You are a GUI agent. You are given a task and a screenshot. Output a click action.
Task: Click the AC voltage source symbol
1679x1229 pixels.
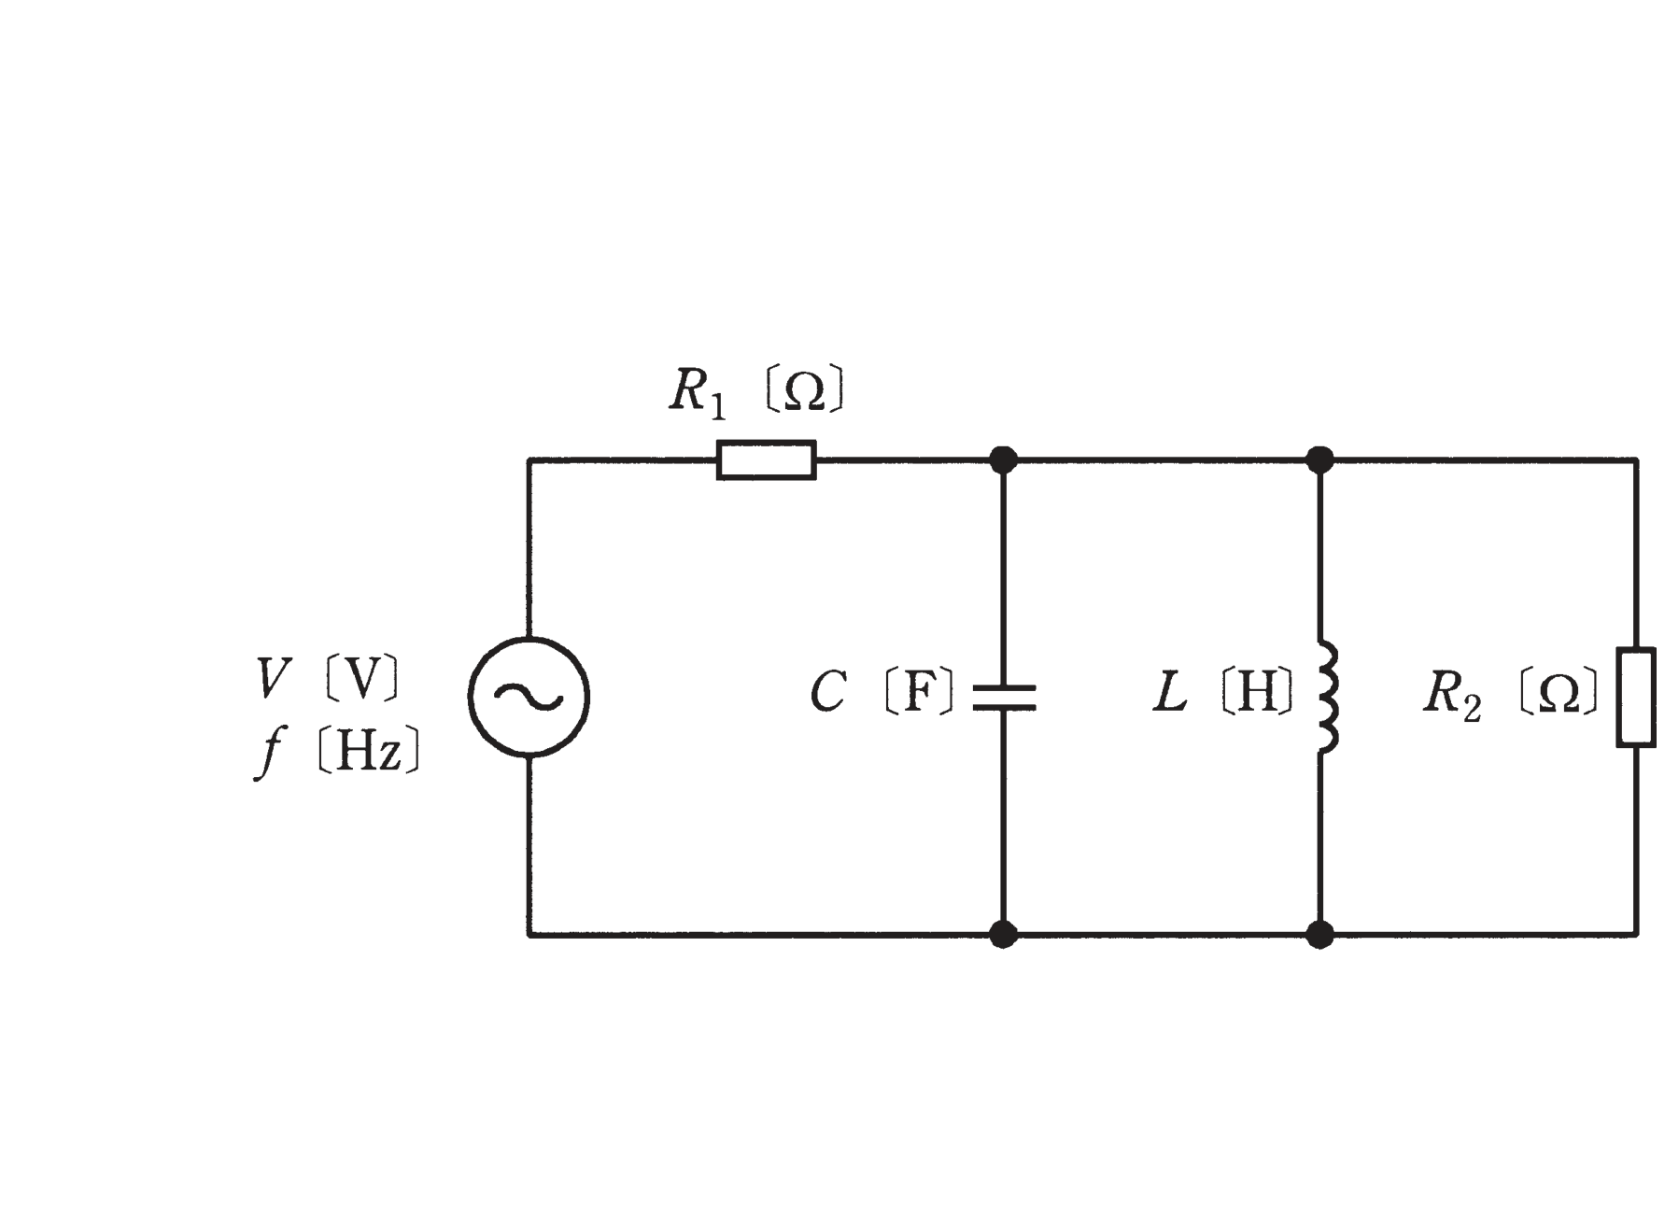click(x=529, y=697)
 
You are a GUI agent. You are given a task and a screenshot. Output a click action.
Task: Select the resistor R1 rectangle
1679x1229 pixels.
click(x=767, y=460)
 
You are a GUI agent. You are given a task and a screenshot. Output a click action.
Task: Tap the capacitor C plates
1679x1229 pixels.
click(x=1004, y=698)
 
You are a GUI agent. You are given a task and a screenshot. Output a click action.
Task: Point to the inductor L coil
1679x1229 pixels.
click(x=1328, y=697)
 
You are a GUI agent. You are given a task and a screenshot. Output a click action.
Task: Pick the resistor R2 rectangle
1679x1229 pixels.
click(x=1636, y=698)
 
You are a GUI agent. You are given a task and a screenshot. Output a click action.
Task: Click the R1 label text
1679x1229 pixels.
click(x=697, y=392)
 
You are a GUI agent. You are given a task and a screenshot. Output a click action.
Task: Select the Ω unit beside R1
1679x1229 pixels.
click(x=805, y=390)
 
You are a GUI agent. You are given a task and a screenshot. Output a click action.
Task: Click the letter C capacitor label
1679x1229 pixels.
click(x=828, y=693)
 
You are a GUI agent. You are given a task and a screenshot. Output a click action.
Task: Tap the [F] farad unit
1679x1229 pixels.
click(x=919, y=692)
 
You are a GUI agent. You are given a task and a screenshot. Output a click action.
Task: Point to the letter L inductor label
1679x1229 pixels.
click(x=1170, y=693)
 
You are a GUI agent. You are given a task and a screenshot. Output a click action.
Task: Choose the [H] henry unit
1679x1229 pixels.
click(x=1257, y=692)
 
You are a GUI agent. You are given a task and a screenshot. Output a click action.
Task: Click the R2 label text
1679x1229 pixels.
click(x=1452, y=696)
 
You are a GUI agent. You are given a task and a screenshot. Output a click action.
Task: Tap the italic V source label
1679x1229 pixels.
click(x=273, y=678)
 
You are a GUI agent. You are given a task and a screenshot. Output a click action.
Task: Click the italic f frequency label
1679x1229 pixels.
click(x=269, y=752)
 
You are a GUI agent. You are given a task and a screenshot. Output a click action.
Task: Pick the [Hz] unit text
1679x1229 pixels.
click(x=369, y=750)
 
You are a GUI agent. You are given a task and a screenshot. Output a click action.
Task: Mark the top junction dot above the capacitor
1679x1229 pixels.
click(x=1003, y=459)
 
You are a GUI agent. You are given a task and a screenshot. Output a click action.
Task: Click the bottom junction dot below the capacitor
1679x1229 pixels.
click(x=1003, y=934)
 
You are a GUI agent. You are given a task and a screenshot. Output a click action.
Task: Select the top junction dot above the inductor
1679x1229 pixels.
click(x=1319, y=459)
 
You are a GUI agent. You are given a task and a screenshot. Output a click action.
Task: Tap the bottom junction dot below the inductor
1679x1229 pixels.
click(x=1319, y=934)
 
